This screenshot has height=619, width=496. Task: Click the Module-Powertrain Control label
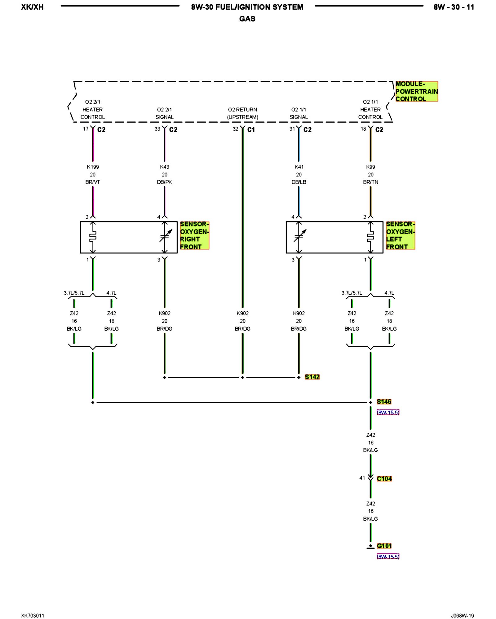click(416, 92)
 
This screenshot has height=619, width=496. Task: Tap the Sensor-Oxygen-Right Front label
click(194, 235)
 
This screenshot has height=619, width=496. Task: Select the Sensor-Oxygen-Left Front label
click(400, 235)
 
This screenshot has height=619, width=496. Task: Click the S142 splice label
click(312, 377)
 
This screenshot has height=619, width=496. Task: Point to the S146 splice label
click(384, 402)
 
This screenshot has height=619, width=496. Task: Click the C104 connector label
click(384, 479)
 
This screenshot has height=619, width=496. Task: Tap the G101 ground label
click(384, 546)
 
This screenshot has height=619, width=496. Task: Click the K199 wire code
click(93, 167)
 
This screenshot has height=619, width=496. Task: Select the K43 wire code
click(164, 167)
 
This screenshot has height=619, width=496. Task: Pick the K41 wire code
click(299, 167)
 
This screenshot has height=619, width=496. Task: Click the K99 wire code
click(370, 167)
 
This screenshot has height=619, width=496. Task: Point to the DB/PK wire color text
click(164, 182)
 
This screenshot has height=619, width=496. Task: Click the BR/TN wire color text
click(370, 182)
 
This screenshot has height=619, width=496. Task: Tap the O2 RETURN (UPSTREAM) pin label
click(242, 113)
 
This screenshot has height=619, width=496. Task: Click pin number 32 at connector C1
click(235, 129)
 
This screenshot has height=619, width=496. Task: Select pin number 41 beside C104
click(362, 478)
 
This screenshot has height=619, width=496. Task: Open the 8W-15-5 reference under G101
click(388, 556)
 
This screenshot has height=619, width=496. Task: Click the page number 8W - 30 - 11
click(454, 7)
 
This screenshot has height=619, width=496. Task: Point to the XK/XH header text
click(32, 7)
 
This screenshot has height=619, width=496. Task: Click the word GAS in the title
click(247, 19)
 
